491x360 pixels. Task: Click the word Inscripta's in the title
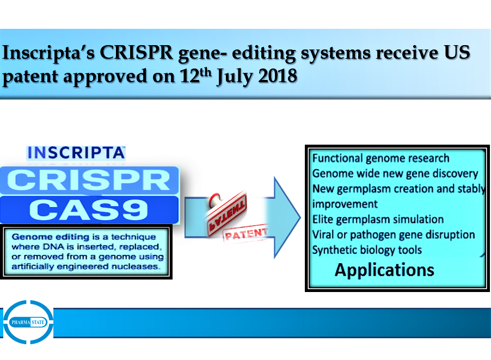pos(48,53)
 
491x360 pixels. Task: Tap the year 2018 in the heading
pos(278,76)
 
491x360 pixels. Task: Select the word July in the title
pos(235,77)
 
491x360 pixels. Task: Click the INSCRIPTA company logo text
pos(76,153)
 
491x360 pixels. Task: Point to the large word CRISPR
pos(89,180)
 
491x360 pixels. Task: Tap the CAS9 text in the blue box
pos(89,210)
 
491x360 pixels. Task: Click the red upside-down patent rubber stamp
pos(226,213)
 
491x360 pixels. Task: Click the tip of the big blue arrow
pos(300,218)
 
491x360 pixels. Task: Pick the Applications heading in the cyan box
pos(384,270)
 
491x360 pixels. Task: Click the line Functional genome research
pos(381,158)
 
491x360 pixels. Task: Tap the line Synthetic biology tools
pos(367,250)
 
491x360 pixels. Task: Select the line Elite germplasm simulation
pos(378,220)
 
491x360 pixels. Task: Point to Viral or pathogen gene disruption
pos(394,235)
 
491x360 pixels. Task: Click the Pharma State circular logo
pos(28,322)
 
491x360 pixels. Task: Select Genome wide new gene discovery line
pos(395,173)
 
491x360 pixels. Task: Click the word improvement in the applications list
pos(345,204)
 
